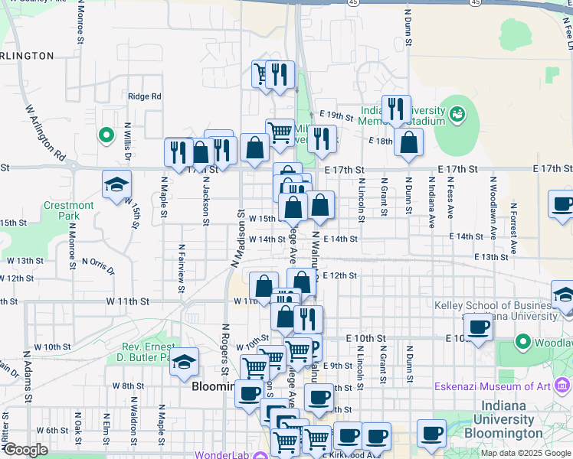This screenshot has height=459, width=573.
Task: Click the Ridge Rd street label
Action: (145, 96)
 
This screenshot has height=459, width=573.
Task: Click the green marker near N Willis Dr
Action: (106, 135)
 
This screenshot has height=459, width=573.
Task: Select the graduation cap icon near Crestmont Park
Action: (116, 184)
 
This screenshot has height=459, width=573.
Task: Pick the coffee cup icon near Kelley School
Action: (479, 327)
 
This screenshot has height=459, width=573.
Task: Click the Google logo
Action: (25, 451)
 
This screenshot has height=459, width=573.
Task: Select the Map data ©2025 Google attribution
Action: (525, 453)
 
